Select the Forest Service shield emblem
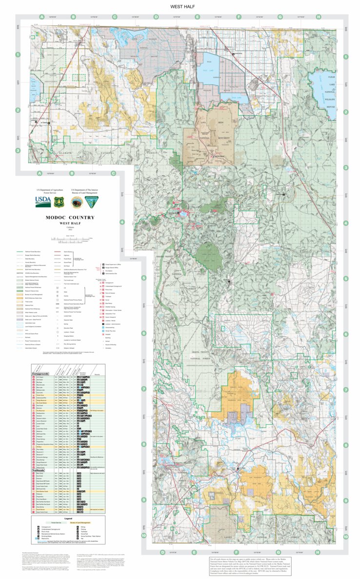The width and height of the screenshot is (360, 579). click(x=59, y=202)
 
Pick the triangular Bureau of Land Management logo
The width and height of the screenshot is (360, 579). click(x=90, y=202)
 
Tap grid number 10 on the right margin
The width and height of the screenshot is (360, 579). click(x=346, y=536)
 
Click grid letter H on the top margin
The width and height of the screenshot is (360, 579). click(x=318, y=17)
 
